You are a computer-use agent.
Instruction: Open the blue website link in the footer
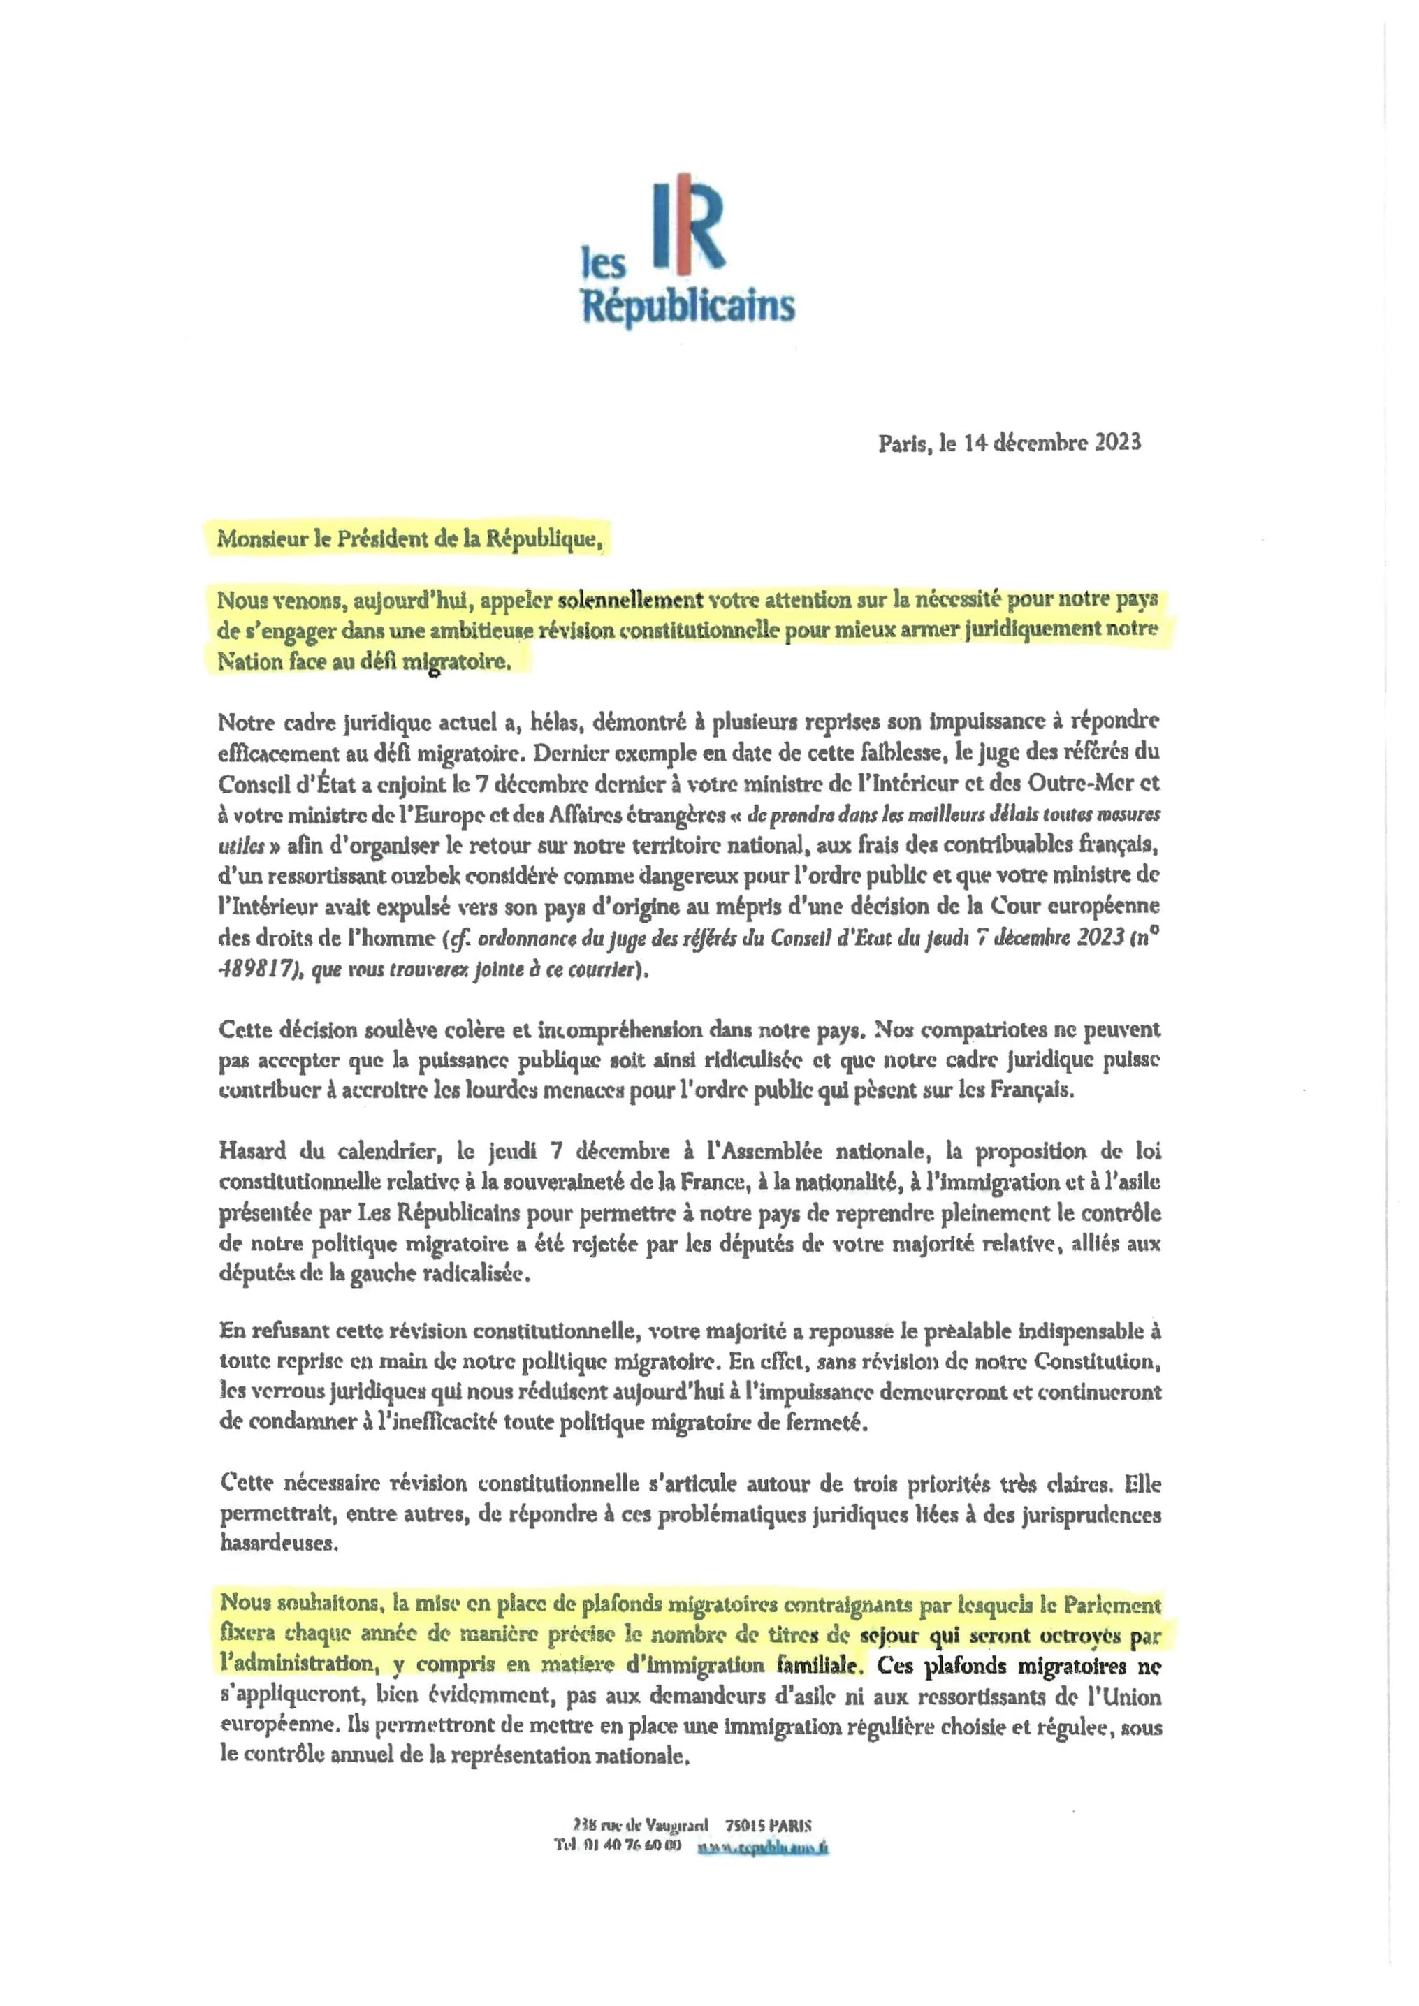click(x=763, y=1847)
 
